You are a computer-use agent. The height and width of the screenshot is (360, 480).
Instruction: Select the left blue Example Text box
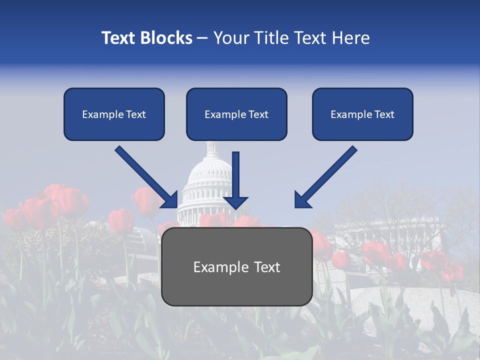click(114, 114)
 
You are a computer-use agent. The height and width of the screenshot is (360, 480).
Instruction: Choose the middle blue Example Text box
click(236, 114)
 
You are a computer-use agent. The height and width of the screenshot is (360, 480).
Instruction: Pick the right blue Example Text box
click(362, 114)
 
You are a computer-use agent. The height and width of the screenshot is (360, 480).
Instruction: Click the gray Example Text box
click(236, 266)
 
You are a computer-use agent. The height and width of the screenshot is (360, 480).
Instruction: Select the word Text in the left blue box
click(136, 114)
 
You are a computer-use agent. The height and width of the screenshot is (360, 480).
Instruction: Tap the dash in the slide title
click(202, 38)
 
